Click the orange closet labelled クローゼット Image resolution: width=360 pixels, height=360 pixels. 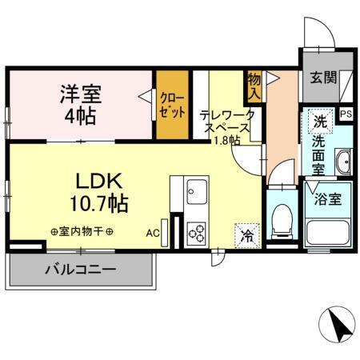point(170,104)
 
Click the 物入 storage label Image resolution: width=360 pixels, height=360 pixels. point(254,86)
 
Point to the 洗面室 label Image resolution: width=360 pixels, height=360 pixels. point(318,155)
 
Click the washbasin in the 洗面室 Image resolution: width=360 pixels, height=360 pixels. point(343,161)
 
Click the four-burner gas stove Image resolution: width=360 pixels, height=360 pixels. point(196,232)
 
